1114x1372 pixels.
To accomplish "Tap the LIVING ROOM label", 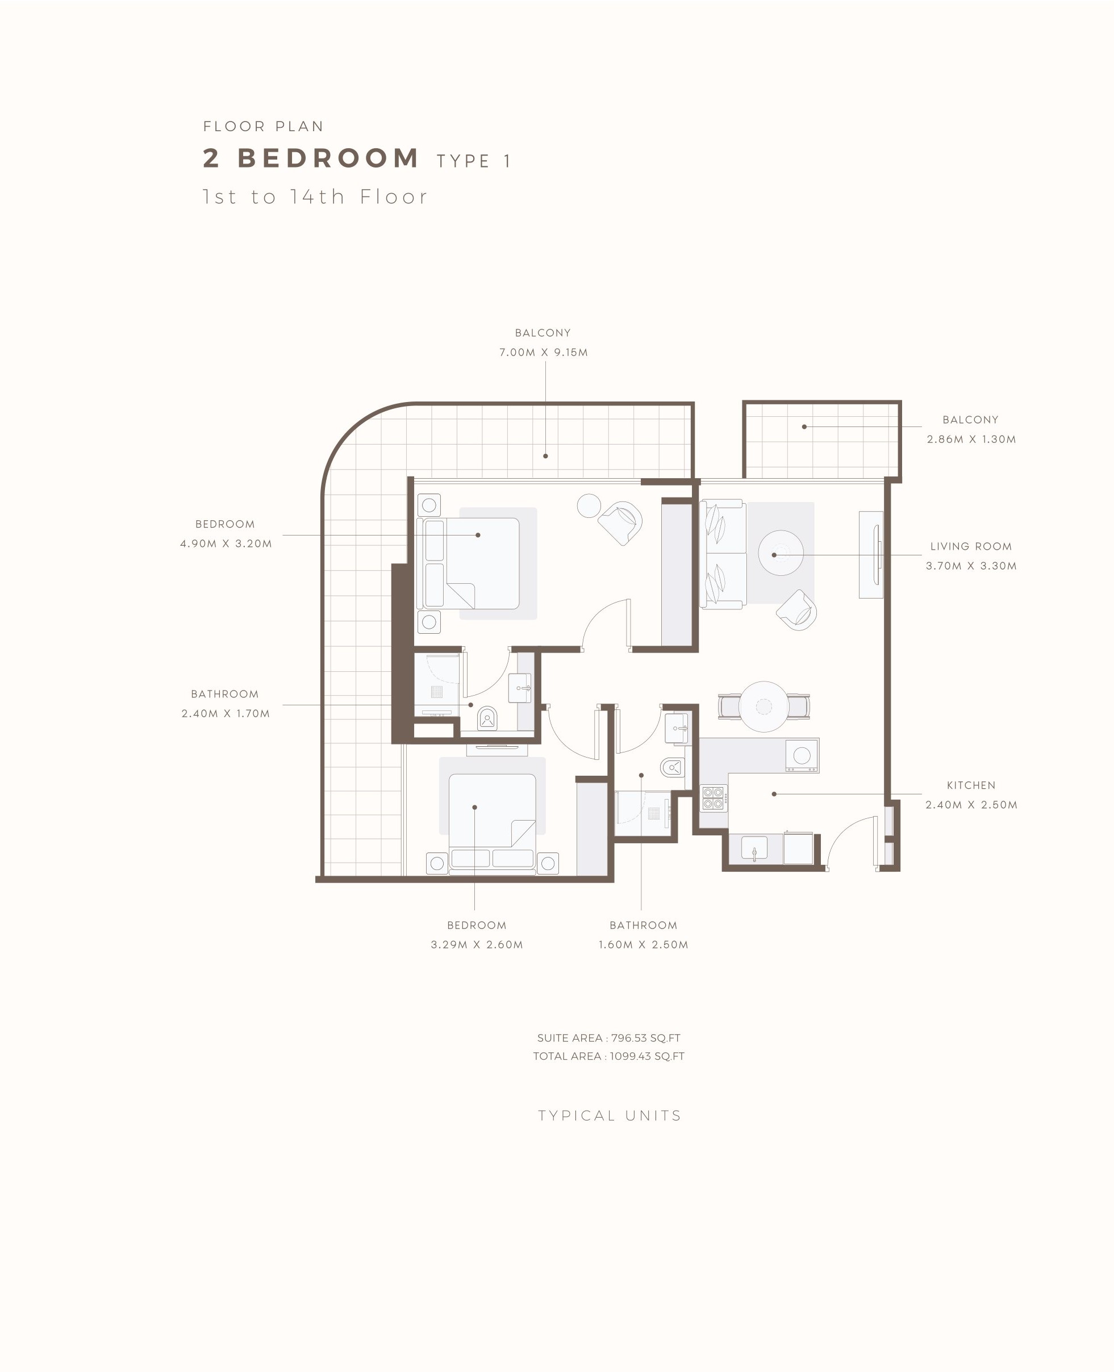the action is click(971, 546).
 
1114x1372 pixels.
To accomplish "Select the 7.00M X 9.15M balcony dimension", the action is click(544, 352).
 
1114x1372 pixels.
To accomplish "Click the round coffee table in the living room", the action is click(781, 553).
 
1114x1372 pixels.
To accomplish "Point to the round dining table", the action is click(763, 706).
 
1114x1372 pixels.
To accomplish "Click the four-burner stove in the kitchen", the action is click(713, 798).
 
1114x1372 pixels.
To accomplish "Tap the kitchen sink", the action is click(754, 848).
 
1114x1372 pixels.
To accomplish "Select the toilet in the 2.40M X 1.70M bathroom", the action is click(487, 718).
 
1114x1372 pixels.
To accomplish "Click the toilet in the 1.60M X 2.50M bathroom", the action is click(672, 767).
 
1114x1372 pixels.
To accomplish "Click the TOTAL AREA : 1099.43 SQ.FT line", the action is click(608, 1056).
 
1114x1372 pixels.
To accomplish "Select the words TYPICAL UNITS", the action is click(610, 1115).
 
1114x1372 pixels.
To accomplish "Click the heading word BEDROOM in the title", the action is click(328, 158).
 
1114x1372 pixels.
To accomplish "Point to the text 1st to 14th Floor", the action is click(315, 196).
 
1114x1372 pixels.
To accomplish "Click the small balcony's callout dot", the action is click(804, 426).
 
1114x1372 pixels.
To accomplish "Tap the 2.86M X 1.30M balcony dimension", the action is click(971, 440).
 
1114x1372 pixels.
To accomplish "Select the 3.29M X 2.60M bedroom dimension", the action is click(477, 945).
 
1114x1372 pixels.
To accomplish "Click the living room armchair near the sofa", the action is click(796, 610).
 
